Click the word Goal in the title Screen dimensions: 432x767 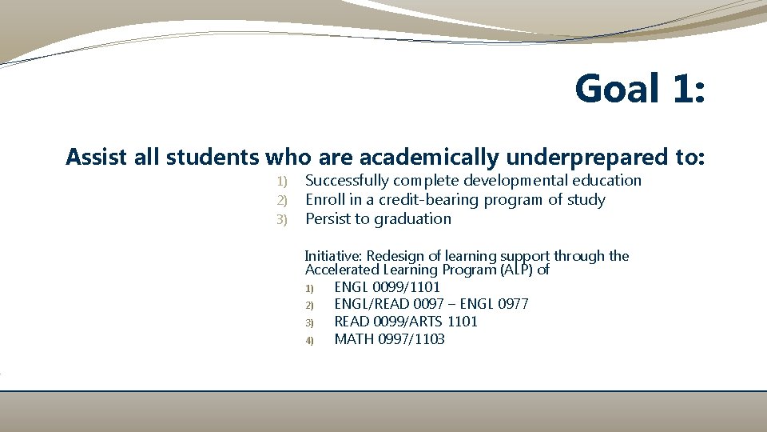(617, 89)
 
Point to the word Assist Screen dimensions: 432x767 (97, 157)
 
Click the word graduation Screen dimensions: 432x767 (413, 219)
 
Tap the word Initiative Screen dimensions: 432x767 (333, 256)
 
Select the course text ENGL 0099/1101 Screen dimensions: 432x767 (387, 286)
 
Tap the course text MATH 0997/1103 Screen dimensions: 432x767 (390, 339)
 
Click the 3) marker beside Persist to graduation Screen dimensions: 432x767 (280, 220)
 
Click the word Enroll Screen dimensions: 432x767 (325, 200)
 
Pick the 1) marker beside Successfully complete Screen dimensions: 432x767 (280, 182)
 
